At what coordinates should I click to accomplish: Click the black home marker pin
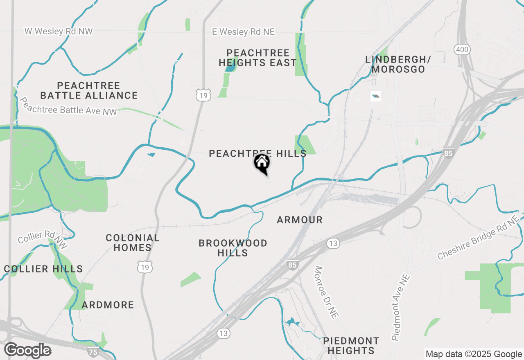[x=262, y=163]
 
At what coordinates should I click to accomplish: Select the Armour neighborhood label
[x=300, y=220]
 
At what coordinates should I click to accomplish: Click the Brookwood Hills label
[x=233, y=248]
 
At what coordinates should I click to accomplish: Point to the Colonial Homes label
[x=132, y=243]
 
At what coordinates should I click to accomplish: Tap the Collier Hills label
[x=43, y=269]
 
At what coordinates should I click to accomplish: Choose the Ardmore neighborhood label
[x=108, y=305]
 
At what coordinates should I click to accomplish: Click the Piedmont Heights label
[x=351, y=346]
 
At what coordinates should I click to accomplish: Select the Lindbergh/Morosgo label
[x=398, y=64]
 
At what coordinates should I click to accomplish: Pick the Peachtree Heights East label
[x=257, y=58]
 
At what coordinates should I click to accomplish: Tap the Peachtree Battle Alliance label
[x=89, y=90]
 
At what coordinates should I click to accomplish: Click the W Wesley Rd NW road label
[x=59, y=31]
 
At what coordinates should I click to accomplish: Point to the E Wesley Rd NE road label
[x=243, y=32]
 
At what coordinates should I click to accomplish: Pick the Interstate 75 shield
[x=93, y=351]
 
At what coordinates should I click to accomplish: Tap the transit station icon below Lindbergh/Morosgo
[x=375, y=96]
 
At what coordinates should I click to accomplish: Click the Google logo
[x=27, y=351]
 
